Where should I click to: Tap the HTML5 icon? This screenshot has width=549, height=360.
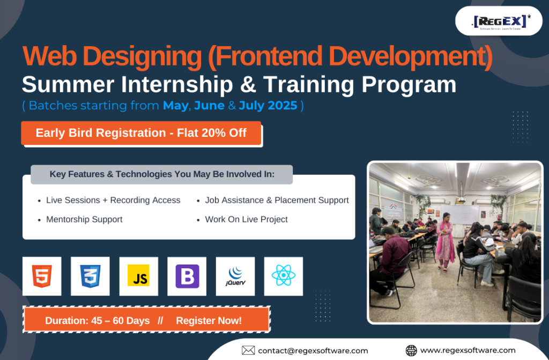pyautogui.click(x=42, y=276)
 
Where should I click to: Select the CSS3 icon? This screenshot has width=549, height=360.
pyautogui.click(x=90, y=276)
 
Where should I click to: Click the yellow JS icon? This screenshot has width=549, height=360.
pyautogui.click(x=139, y=276)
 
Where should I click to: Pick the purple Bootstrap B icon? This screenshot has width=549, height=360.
pyautogui.click(x=187, y=276)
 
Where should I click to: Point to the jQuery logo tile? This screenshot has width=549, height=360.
pyautogui.click(x=235, y=276)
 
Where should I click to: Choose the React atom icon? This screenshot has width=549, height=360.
pyautogui.click(x=284, y=276)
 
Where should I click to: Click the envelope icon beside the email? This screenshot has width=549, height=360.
pyautogui.click(x=248, y=350)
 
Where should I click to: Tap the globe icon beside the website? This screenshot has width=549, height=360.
pyautogui.click(x=411, y=350)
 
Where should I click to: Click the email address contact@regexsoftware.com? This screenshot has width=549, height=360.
pyautogui.click(x=313, y=350)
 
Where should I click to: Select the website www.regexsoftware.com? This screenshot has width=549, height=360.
pyautogui.click(x=468, y=350)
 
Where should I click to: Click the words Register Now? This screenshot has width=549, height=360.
pyautogui.click(x=209, y=321)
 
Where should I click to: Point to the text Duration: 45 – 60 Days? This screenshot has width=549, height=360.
pyautogui.click(x=98, y=321)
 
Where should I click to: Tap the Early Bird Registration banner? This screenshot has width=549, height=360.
pyautogui.click(x=141, y=133)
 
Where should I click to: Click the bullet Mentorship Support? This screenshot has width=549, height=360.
pyautogui.click(x=84, y=219)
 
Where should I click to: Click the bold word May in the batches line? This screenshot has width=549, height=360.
pyautogui.click(x=175, y=106)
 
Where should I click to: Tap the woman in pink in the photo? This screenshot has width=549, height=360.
pyautogui.click(x=445, y=241)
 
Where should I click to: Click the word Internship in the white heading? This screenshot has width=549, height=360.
pyautogui.click(x=177, y=85)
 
